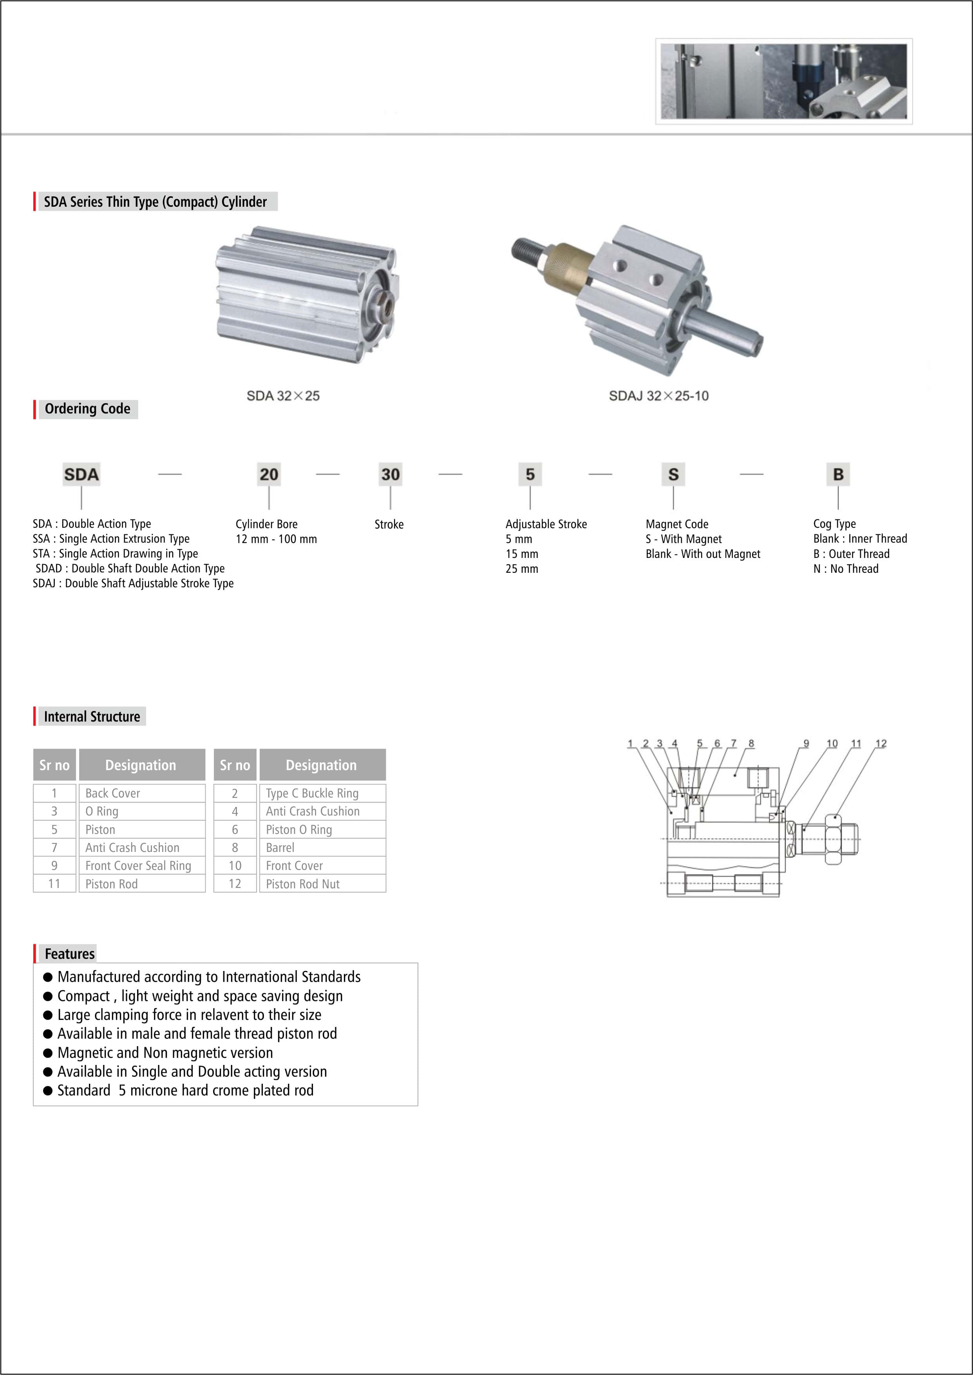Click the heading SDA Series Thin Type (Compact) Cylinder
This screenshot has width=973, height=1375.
click(155, 202)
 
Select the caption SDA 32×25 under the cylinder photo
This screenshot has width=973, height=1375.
click(283, 396)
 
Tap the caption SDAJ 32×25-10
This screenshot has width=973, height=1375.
click(658, 396)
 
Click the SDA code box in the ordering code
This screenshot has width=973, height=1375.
click(81, 474)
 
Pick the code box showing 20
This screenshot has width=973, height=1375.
click(269, 474)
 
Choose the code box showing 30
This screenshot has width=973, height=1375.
click(391, 474)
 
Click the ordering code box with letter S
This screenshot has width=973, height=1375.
click(673, 474)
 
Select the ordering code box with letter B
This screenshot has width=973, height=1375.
click(838, 474)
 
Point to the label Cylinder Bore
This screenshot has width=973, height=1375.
click(267, 524)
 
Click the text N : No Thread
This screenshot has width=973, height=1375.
click(846, 569)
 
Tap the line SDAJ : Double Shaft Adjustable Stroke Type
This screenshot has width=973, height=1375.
click(133, 583)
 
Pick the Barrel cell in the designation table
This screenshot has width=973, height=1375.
click(322, 847)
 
